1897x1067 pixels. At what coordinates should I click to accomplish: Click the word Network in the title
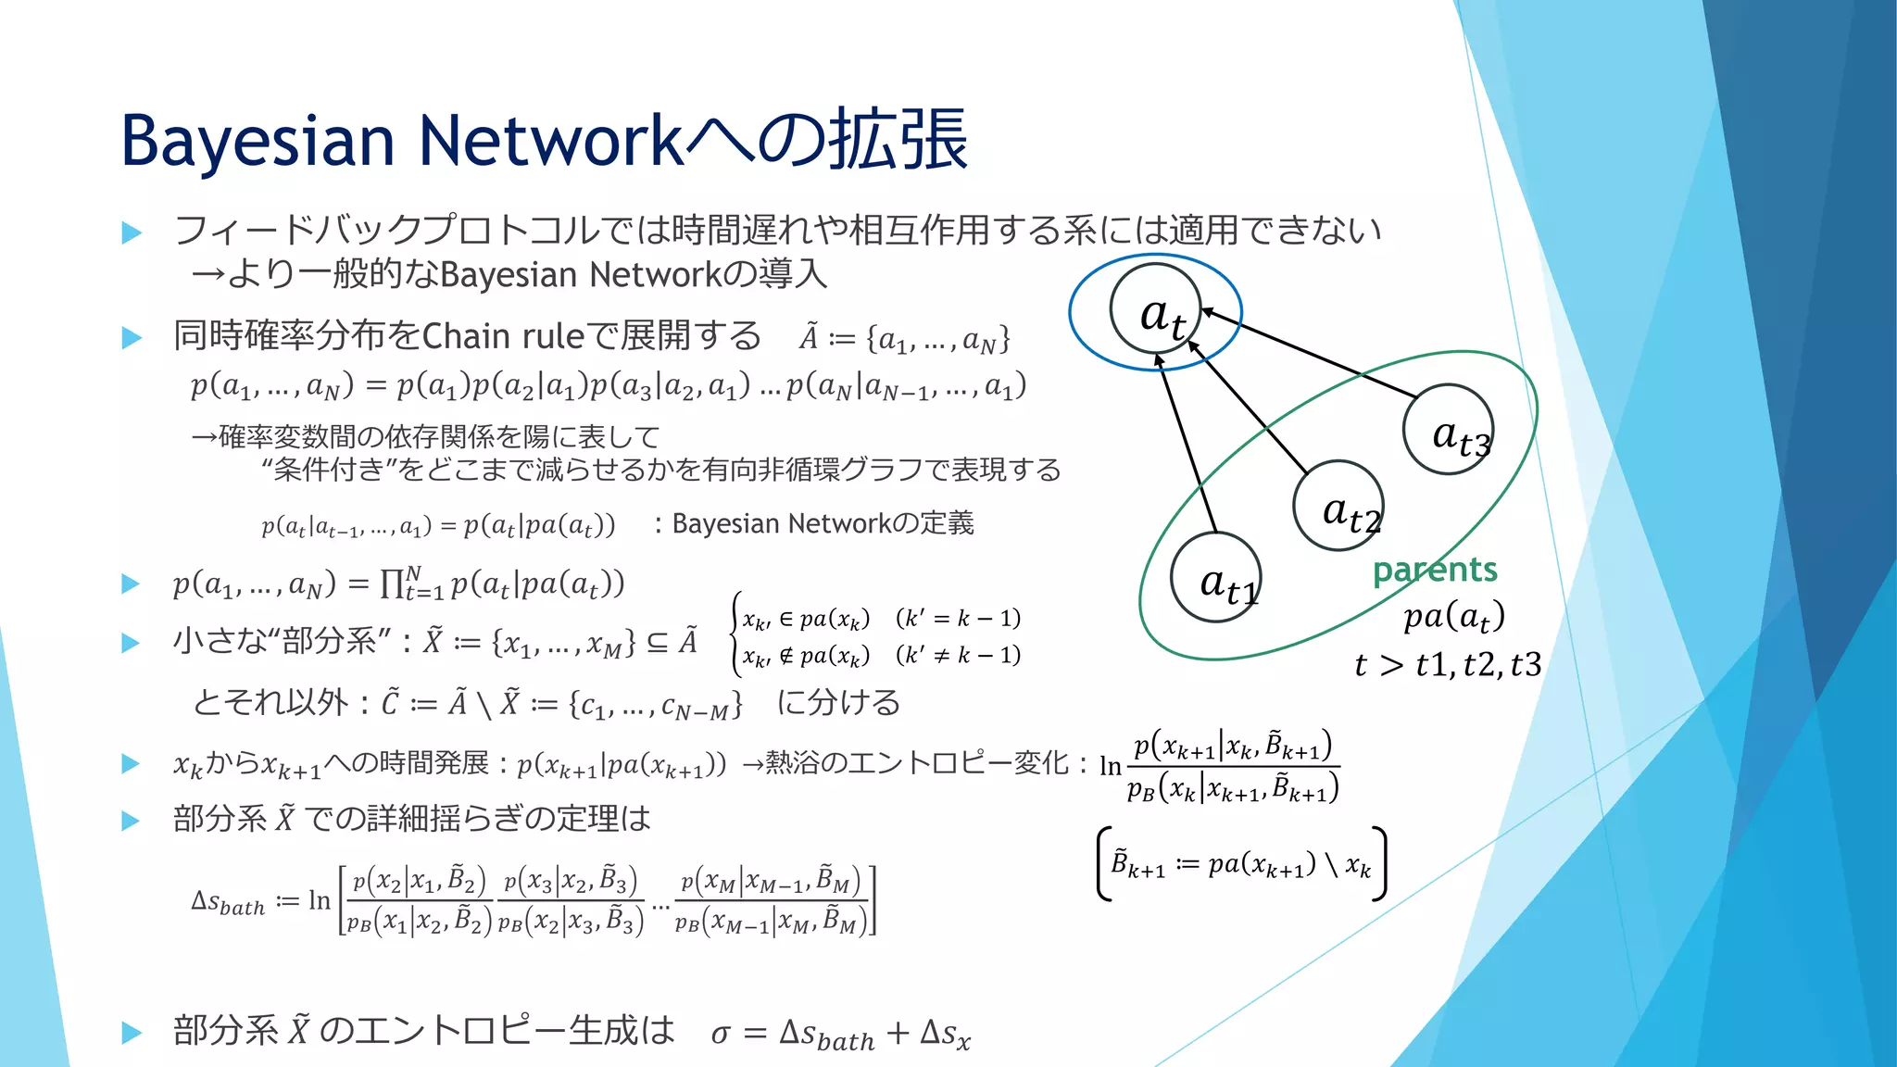click(550, 141)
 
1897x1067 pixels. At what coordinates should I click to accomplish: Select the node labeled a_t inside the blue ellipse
click(1156, 309)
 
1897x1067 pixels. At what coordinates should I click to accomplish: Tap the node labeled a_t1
click(1216, 579)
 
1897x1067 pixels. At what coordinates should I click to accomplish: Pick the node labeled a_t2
click(1339, 506)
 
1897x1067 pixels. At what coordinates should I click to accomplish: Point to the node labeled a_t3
click(1448, 430)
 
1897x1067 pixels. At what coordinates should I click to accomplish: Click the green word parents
click(1435, 570)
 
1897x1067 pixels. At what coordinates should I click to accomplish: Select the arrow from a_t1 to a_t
click(1186, 445)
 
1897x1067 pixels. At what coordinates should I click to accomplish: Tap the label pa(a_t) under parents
click(1453, 616)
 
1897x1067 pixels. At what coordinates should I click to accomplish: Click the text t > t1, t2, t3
click(1447, 664)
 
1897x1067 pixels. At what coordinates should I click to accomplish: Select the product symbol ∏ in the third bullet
click(392, 584)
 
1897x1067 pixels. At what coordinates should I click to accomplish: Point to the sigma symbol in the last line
click(721, 1034)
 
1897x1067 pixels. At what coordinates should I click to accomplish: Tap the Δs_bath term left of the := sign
click(228, 901)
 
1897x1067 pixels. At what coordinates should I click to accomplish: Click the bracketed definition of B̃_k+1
click(1241, 864)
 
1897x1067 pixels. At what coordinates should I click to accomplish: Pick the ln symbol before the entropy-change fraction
click(1110, 766)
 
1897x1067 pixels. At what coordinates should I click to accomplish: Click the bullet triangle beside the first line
click(132, 232)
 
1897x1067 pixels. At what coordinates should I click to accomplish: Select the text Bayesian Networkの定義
click(823, 524)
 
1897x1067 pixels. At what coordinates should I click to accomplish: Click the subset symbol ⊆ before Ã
click(657, 642)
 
